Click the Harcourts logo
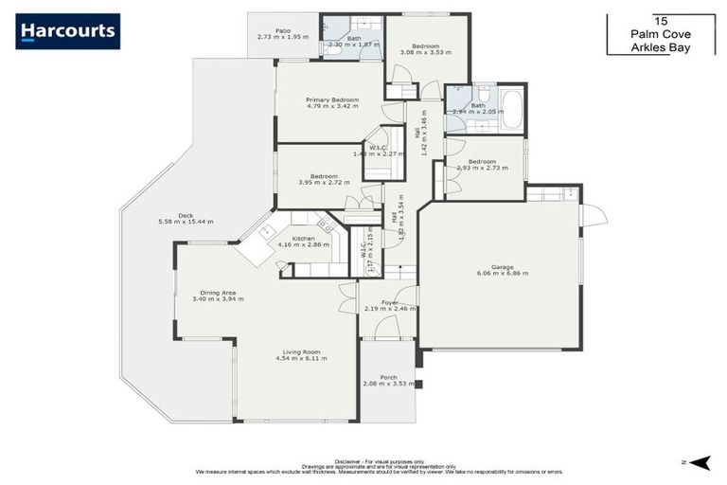pyautogui.click(x=67, y=31)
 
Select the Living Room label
pyautogui.click(x=301, y=351)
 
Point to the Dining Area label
pyautogui.click(x=218, y=293)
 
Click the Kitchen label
pyautogui.click(x=303, y=238)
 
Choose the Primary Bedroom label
pyautogui.click(x=331, y=99)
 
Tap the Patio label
pyautogui.click(x=282, y=30)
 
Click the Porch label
pyautogui.click(x=388, y=377)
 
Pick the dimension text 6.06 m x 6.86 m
pyautogui.click(x=502, y=274)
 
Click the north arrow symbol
pyautogui.click(x=700, y=461)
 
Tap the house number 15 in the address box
pyautogui.click(x=660, y=19)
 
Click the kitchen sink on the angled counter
pyautogui.click(x=268, y=230)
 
